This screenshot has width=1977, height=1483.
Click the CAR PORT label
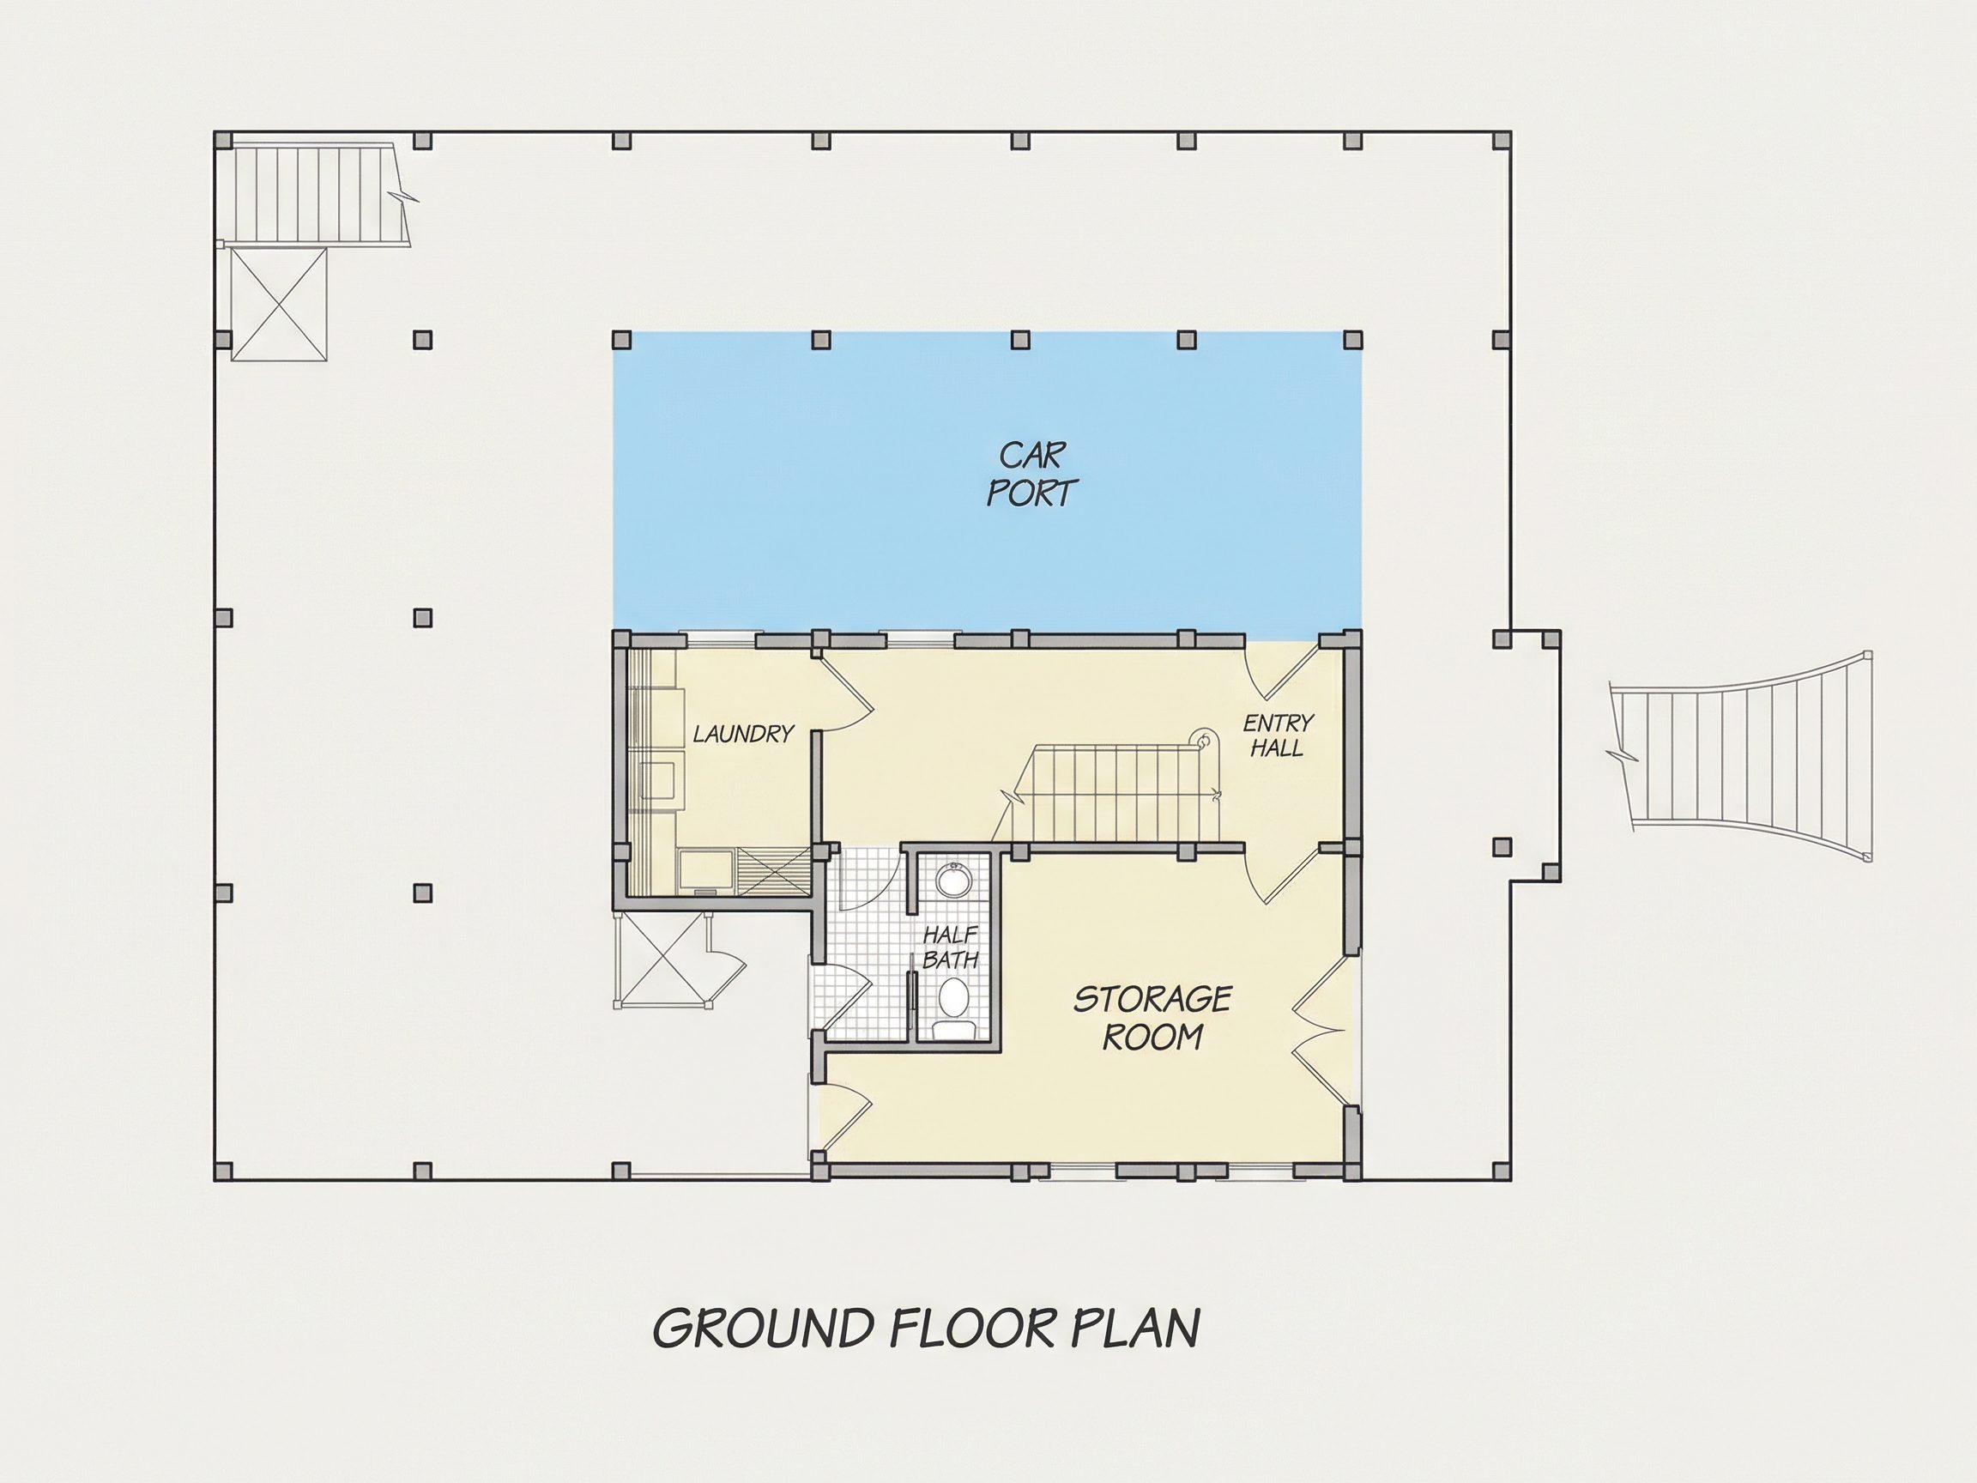pyautogui.click(x=1032, y=474)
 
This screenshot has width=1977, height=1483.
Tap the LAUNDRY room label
pyautogui.click(x=744, y=734)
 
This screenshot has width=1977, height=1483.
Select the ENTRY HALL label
pyautogui.click(x=1278, y=735)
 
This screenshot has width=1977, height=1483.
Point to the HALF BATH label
pyautogui.click(x=950, y=947)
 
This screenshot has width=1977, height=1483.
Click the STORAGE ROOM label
pyautogui.click(x=1153, y=1018)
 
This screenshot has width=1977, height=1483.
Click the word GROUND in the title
pyautogui.click(x=764, y=1329)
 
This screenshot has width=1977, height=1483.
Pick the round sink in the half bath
pyautogui.click(x=953, y=880)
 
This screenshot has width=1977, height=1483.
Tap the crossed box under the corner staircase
pyautogui.click(x=279, y=304)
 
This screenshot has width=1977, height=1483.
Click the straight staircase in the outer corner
pyautogui.click(x=313, y=192)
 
